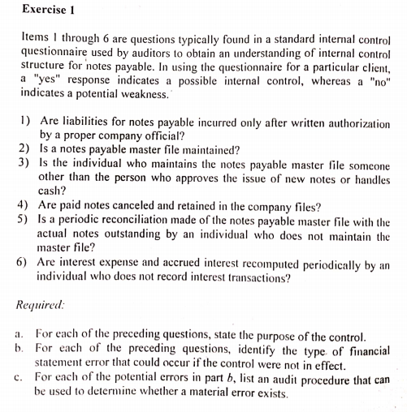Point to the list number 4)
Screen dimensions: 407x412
point(23,204)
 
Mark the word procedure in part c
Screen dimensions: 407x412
point(333,379)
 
